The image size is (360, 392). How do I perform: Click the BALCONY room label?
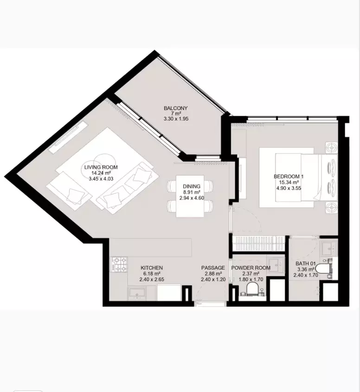(x=175, y=108)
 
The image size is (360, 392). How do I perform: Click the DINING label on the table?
(x=192, y=186)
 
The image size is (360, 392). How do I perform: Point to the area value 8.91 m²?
(x=192, y=192)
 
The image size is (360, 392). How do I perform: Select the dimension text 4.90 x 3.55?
(x=289, y=188)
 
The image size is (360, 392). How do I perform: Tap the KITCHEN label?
(x=152, y=268)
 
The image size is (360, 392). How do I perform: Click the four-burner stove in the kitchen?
(x=119, y=265)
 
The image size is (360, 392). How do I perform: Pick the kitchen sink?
(x=137, y=293)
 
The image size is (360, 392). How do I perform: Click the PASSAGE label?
(x=213, y=268)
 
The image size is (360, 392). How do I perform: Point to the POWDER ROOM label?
(x=251, y=268)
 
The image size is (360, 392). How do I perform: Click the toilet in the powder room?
(x=252, y=289)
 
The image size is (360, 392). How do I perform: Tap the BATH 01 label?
(x=305, y=264)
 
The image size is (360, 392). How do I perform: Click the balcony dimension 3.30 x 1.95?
(x=176, y=119)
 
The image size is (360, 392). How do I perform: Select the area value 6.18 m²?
(x=152, y=273)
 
